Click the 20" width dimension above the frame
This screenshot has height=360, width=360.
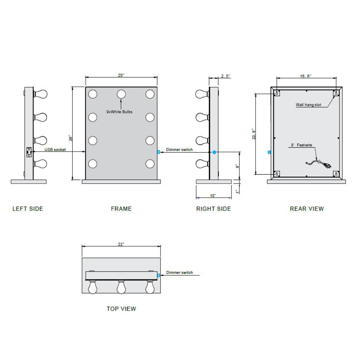(121, 75)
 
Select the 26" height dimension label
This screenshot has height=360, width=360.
(71, 138)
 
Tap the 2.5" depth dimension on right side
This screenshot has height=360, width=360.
(225, 76)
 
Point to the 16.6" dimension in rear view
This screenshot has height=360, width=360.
(306, 76)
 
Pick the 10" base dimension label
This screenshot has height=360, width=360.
(213, 195)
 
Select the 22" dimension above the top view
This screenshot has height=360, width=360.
(121, 244)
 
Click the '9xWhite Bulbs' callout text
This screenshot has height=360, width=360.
(120, 112)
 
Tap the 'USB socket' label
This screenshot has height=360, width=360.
(55, 149)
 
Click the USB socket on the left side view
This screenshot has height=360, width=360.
(29, 152)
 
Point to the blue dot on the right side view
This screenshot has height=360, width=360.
(214, 152)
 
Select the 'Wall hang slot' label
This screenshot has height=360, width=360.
(308, 105)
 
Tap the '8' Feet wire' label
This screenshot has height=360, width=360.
(301, 145)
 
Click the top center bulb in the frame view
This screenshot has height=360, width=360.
(121, 94)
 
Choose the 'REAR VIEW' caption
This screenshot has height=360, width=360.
(307, 209)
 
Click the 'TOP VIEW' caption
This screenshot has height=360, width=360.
(121, 309)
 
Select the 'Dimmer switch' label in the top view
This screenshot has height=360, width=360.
(179, 273)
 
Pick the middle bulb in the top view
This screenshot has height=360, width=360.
(121, 287)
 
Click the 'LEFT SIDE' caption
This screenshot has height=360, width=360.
(28, 209)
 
